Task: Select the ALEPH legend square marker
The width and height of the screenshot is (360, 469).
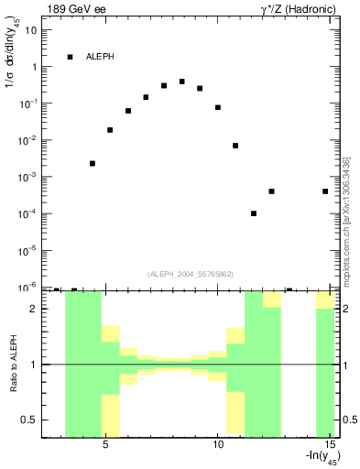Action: [70, 57]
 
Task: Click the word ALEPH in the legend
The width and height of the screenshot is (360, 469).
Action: [101, 57]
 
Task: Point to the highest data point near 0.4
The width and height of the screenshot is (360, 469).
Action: [181, 82]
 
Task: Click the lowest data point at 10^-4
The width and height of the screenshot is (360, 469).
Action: [254, 213]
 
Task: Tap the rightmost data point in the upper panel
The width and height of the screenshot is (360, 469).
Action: [325, 191]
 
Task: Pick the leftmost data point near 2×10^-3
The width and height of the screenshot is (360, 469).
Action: [93, 163]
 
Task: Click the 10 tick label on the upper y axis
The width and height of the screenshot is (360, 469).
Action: [31, 30]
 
